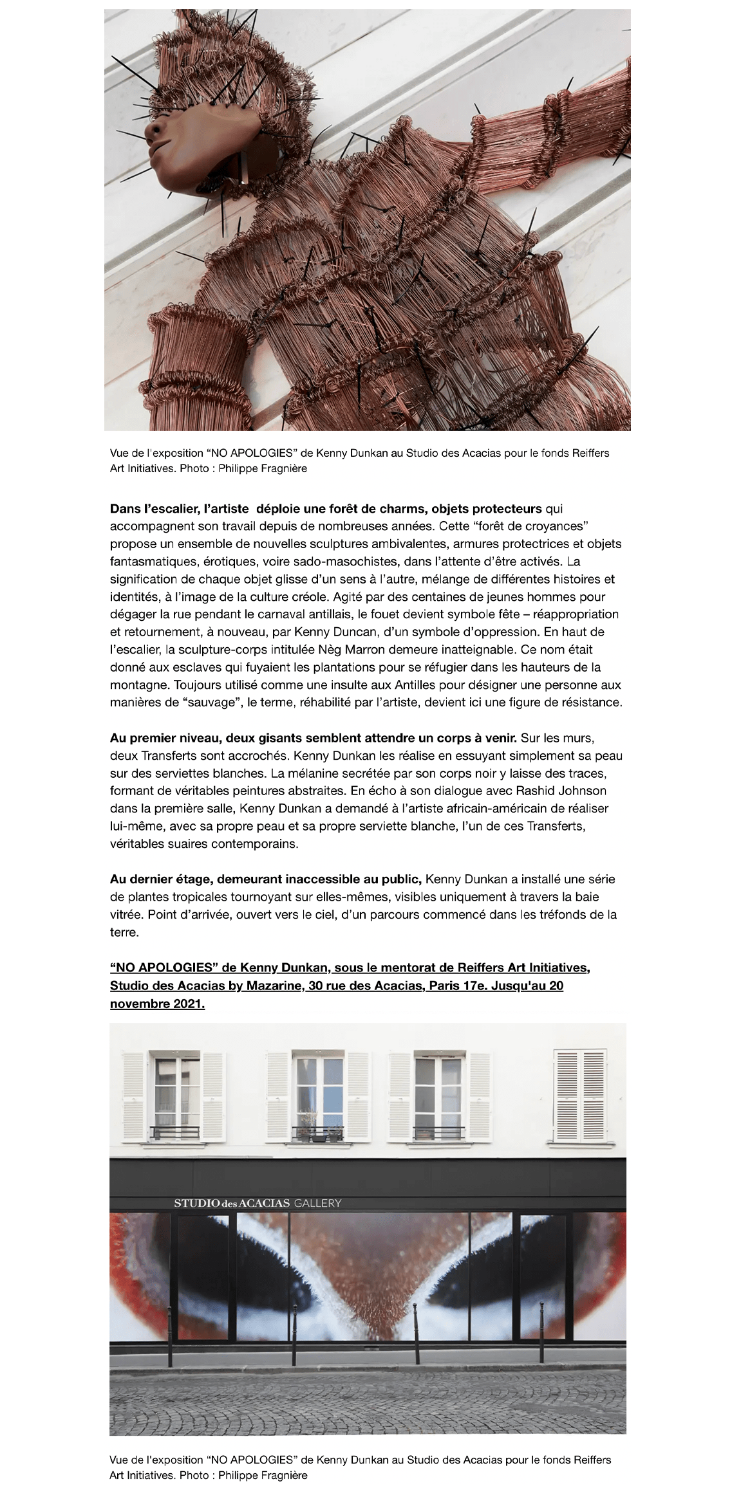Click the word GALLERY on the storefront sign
pos(317,1202)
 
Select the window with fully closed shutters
pos(581,1096)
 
